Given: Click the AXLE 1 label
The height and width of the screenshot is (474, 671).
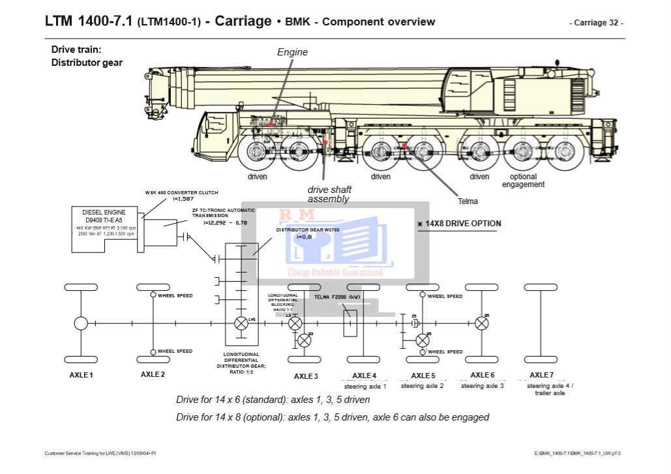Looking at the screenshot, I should pos(82,375).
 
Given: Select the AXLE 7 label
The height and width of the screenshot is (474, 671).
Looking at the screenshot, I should pos(541,375).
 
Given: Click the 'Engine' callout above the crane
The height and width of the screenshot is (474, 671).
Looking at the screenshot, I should pos(292,52).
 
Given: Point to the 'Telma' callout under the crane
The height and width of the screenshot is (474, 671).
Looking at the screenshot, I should pos(468,201).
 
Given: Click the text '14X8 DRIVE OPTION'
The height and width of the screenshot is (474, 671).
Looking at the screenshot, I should pos(463,224).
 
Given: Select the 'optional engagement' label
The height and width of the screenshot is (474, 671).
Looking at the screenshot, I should pos(523,181).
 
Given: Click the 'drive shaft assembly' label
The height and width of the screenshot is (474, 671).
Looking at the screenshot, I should pos(329,194).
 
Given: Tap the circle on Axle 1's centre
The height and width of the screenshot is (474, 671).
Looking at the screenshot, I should pos(81,323).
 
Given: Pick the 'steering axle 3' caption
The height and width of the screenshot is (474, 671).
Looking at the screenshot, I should pos(482,386).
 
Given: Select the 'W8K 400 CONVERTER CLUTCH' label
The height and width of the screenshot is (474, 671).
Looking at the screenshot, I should pos(181,193).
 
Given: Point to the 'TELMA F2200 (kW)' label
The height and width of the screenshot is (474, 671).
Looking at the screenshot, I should pos(337,297).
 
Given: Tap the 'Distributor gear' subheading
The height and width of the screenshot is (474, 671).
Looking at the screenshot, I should pos(87,63).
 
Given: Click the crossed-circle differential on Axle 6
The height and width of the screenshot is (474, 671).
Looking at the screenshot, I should pos(482,323).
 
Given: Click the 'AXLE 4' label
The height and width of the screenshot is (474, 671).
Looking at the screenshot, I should pos(364,375).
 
